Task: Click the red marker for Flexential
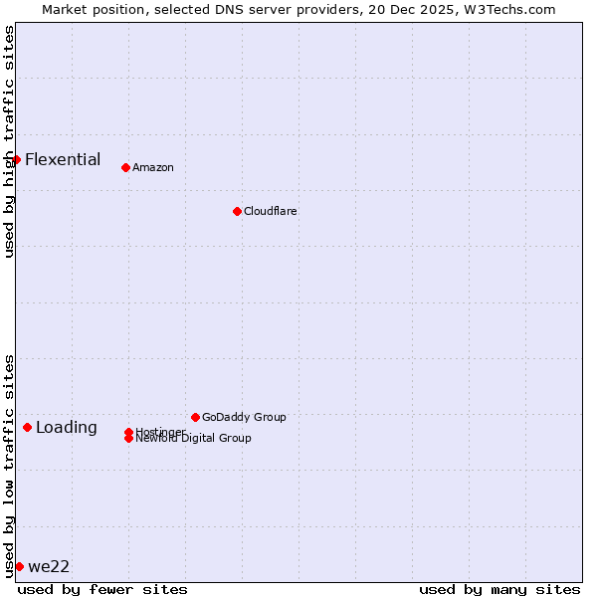[x=16, y=159]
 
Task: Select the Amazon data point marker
[x=125, y=167]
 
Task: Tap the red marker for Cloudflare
[x=237, y=211]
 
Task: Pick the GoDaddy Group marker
[x=195, y=417]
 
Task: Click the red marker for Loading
[x=27, y=427]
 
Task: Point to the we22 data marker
[x=19, y=566]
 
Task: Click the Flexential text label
[x=63, y=159]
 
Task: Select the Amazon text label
[x=153, y=167]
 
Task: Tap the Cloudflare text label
[x=271, y=211]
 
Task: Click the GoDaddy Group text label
[x=244, y=417]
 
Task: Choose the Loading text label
[x=67, y=428]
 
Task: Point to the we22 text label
[x=49, y=567]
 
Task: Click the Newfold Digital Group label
[x=194, y=439]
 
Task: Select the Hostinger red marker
[x=128, y=432]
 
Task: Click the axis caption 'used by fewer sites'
[x=102, y=589]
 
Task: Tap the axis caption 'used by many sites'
[x=499, y=589]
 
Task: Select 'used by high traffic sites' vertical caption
[x=9, y=141]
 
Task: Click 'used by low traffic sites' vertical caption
[x=9, y=465]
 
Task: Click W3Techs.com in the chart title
[x=507, y=9]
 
